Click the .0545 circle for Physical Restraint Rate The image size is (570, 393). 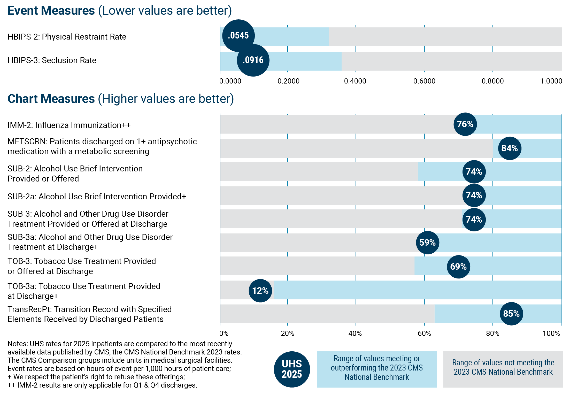click(x=238, y=36)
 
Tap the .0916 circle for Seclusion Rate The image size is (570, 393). click(x=253, y=60)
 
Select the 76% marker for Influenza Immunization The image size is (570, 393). click(x=465, y=124)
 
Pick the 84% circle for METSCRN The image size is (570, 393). click(x=510, y=148)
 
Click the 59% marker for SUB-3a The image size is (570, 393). click(x=427, y=243)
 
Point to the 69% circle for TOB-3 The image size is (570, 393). click(x=458, y=267)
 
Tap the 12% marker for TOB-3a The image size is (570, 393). click(x=260, y=291)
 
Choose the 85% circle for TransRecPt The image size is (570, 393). click(x=511, y=314)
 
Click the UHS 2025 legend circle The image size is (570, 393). click(x=292, y=369)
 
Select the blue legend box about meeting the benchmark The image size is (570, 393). click(x=376, y=369)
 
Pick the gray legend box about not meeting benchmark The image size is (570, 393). click(x=503, y=369)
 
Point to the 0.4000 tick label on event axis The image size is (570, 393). click(x=355, y=81)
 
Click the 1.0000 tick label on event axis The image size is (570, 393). click(x=551, y=81)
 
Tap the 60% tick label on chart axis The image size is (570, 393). click(x=424, y=334)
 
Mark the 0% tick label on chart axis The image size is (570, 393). click(x=224, y=334)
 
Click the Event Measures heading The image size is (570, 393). click(x=51, y=11)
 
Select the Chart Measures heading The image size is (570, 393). click(x=51, y=99)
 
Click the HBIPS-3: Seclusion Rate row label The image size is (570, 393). click(x=52, y=60)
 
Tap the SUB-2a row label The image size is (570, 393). click(x=97, y=196)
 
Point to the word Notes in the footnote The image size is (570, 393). click(x=17, y=344)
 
